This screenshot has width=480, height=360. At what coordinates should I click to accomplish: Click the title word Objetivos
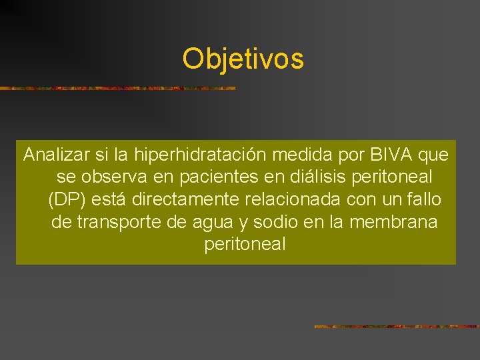pos(243,59)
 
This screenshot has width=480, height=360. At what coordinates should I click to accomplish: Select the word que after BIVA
pos(435,156)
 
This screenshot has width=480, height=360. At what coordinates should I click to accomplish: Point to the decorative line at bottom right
pos(397,327)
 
